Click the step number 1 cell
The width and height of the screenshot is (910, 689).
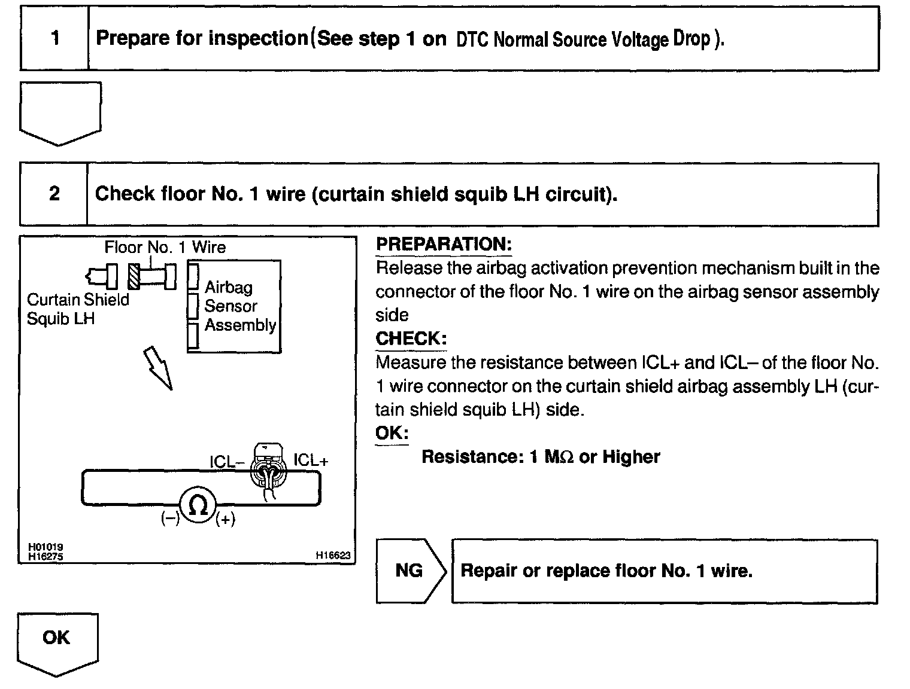(x=55, y=39)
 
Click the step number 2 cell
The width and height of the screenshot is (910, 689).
(x=54, y=194)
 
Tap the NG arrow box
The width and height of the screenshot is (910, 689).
(x=410, y=571)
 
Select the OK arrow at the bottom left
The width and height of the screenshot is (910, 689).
(x=57, y=641)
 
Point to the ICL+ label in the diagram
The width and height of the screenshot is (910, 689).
(x=311, y=461)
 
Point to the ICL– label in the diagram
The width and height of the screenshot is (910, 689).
(x=227, y=462)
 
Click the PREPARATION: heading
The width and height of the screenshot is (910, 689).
(x=444, y=244)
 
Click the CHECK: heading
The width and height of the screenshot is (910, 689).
(x=411, y=339)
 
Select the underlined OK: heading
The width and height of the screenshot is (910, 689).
(x=392, y=433)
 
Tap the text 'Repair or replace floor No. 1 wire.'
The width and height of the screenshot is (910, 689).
(x=606, y=571)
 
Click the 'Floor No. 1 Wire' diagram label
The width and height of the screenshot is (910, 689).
(x=165, y=247)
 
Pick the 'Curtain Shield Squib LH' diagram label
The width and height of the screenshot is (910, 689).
(x=78, y=309)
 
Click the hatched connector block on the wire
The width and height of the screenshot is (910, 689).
(x=133, y=276)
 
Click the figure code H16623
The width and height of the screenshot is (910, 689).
(x=333, y=556)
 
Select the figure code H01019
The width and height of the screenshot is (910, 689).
(x=45, y=547)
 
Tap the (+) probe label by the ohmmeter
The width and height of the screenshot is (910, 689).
(x=225, y=520)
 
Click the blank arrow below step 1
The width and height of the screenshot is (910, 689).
(x=60, y=112)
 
